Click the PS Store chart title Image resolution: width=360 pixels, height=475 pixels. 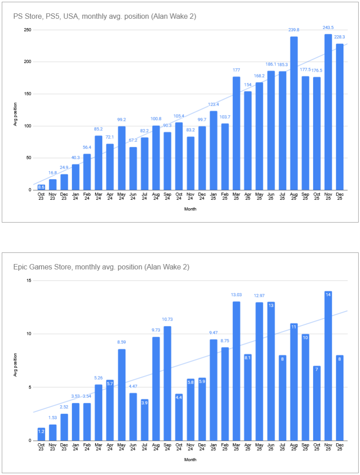coord(105,17)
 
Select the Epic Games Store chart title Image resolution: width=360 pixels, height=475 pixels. coord(101,267)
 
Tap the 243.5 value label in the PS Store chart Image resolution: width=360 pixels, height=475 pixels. coord(328,28)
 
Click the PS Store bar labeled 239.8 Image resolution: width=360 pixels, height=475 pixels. coord(294,113)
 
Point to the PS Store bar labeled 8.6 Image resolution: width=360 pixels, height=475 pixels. coord(41,187)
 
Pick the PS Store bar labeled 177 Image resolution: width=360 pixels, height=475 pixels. coord(236,133)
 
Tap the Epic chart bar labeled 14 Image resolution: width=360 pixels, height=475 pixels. coord(328,366)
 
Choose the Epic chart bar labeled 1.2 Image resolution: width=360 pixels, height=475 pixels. coord(41,434)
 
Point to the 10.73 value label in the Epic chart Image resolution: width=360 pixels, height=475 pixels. coord(168,320)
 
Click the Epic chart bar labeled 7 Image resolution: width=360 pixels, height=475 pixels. coord(317,403)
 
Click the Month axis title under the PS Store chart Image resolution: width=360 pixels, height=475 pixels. coord(190,209)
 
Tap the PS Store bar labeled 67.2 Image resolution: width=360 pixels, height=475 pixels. coord(133,169)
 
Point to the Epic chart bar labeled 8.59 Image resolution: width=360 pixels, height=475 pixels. coord(122,395)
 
